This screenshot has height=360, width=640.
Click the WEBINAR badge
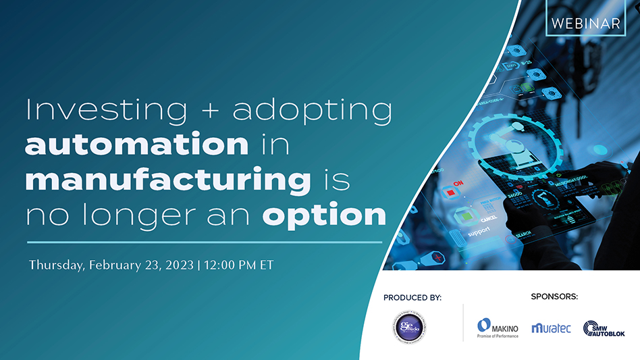585,22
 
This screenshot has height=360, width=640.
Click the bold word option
325,215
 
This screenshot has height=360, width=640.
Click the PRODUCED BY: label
412,298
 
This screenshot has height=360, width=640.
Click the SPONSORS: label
554,297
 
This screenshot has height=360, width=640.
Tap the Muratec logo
551,328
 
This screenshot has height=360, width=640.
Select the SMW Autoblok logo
604,328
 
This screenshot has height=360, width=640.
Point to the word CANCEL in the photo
489,220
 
